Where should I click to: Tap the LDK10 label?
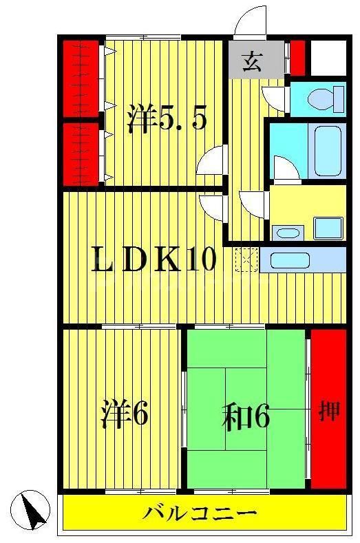click(x=155, y=259)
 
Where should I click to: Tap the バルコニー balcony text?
click(x=200, y=513)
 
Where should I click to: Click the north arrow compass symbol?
click(x=34, y=511)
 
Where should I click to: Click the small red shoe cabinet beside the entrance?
click(x=297, y=58)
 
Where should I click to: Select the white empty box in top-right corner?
click(x=327, y=58)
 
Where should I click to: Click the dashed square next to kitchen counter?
click(x=246, y=259)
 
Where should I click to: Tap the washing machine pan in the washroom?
click(x=327, y=227)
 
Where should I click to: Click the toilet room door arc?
click(x=275, y=98)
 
